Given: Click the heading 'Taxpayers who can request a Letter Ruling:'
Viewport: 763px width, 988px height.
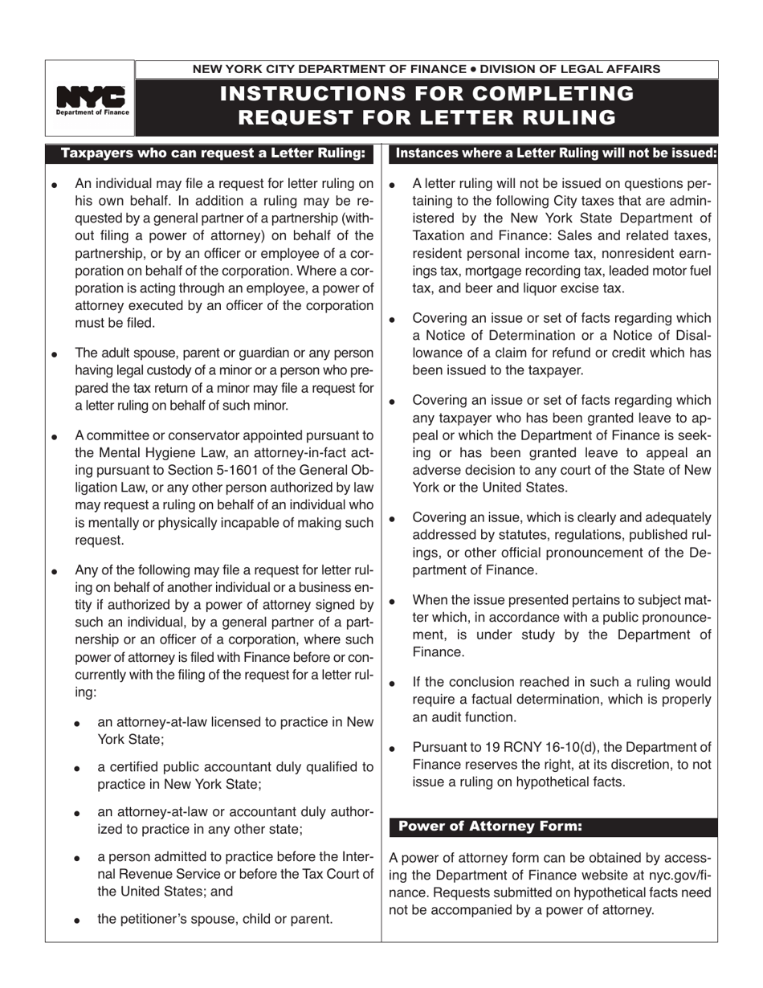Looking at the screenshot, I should [214, 153].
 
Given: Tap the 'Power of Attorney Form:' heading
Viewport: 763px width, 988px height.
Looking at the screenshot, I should [491, 826].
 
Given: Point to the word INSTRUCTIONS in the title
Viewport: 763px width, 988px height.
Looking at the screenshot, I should [316, 93].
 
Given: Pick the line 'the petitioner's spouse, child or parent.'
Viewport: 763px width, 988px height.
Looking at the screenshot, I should [215, 918].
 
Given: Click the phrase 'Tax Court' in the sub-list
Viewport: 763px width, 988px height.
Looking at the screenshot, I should [324, 873].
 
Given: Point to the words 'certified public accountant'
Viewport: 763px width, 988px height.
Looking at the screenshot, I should [194, 766].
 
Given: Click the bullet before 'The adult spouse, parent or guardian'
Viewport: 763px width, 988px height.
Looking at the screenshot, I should [55, 354].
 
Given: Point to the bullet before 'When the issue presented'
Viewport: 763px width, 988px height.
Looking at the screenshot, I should [392, 601].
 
